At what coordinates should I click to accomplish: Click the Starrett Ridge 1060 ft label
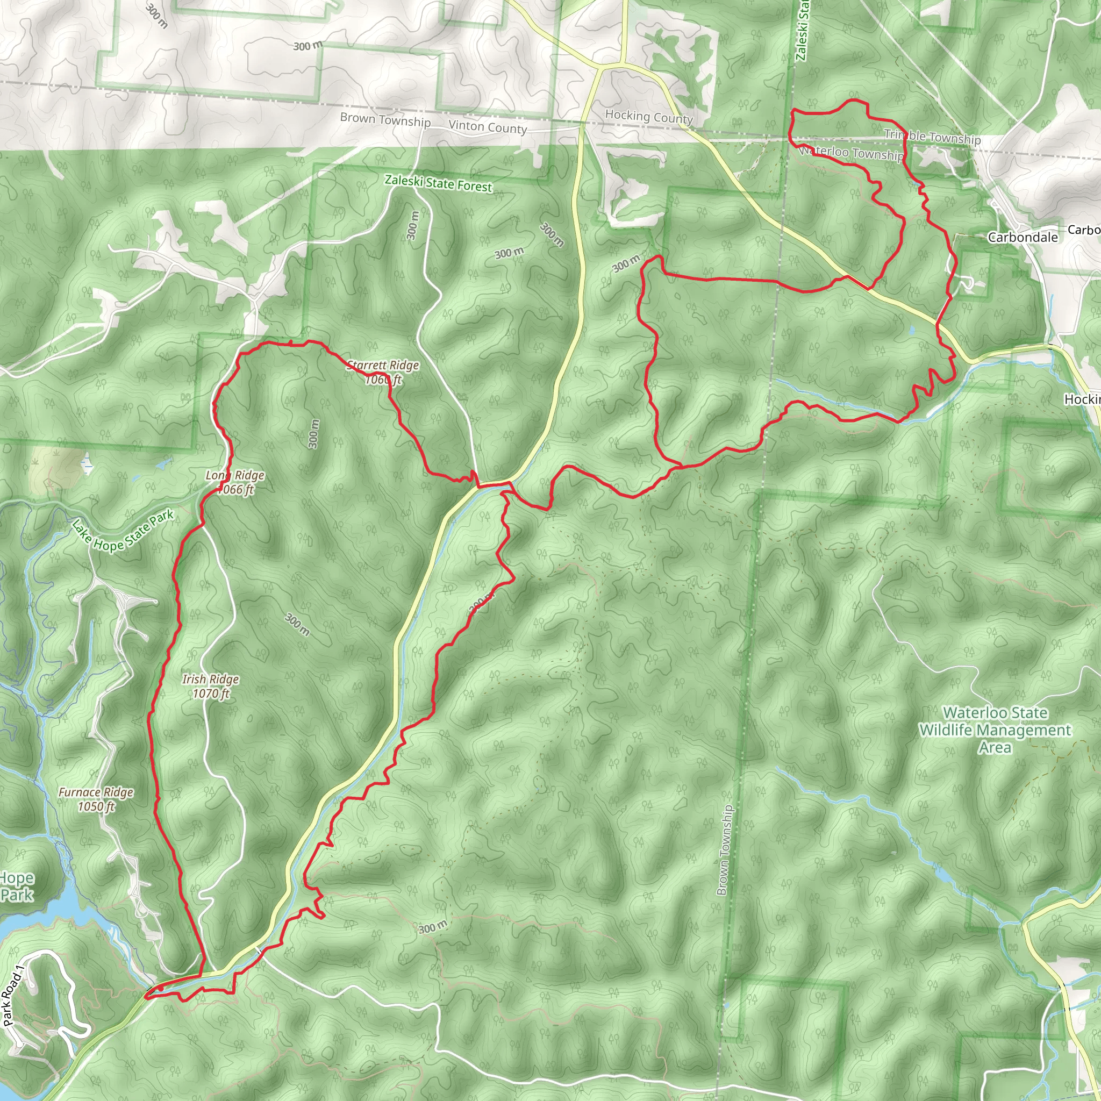pos(383,372)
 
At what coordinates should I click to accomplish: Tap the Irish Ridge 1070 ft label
pos(210,686)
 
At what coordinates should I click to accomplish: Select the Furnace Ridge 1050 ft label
pos(96,799)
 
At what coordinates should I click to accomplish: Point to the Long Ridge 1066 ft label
pos(235,482)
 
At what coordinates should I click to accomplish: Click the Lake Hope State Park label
pos(123,531)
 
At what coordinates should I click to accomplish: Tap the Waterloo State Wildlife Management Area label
pos(995,730)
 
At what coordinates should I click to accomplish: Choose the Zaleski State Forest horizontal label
pos(438,183)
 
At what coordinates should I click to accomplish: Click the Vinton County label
pos(487,127)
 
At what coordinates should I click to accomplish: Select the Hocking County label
pos(648,117)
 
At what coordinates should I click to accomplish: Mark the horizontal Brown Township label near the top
pos(385,120)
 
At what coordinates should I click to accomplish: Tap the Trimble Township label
pos(932,137)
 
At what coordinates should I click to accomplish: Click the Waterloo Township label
pos(852,153)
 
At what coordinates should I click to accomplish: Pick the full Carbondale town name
pos(1023,238)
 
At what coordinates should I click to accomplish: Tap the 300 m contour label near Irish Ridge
pos(297,624)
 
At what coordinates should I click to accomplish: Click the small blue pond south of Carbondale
pos(912,330)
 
